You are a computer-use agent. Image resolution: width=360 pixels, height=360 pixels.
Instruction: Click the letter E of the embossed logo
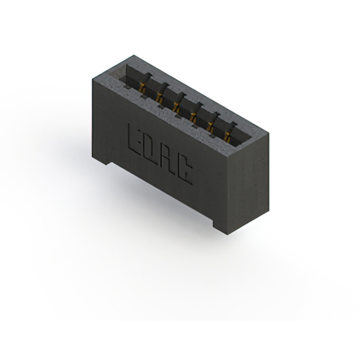pyautogui.click(x=135, y=138)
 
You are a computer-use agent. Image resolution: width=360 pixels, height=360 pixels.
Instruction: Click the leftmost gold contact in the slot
pyautogui.click(x=142, y=88)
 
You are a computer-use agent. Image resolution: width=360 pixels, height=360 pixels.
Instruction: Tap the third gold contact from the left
pyautogui.click(x=175, y=106)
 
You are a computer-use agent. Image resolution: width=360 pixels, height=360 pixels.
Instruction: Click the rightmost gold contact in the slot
pyautogui.click(x=227, y=137)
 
